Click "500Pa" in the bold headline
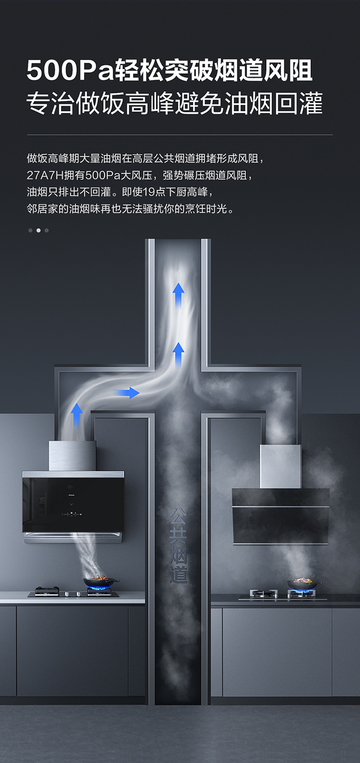[70, 71]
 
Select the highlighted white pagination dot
[38, 230]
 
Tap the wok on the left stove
[101, 582]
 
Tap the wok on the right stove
[304, 584]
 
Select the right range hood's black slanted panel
[281, 516]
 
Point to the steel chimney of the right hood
[281, 466]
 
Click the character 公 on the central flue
[178, 517]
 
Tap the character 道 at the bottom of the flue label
[178, 574]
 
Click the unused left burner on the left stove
[47, 591]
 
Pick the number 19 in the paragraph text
[149, 192]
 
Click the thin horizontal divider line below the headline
[180, 135]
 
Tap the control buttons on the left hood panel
[72, 513]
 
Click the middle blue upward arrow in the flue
[179, 353]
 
